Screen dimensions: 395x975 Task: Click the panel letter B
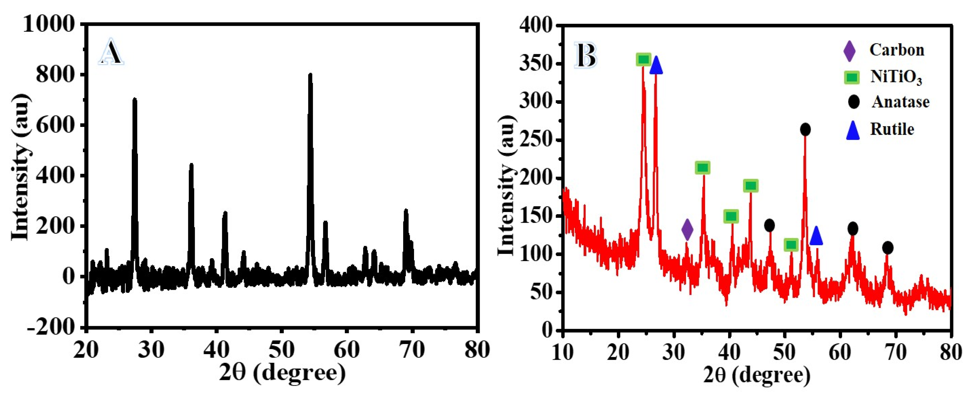[x=586, y=56]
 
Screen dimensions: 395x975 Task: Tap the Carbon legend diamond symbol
[x=850, y=51]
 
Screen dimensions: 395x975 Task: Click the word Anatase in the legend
[x=900, y=102]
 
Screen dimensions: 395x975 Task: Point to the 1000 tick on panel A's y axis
[x=49, y=24]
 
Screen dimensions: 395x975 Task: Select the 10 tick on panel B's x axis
[x=563, y=352]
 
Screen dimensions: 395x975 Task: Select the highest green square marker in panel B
[x=644, y=59]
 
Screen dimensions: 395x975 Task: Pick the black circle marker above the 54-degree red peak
[x=805, y=130]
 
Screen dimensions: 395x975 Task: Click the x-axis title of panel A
[x=282, y=373]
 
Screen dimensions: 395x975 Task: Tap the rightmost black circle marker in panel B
[x=887, y=248]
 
